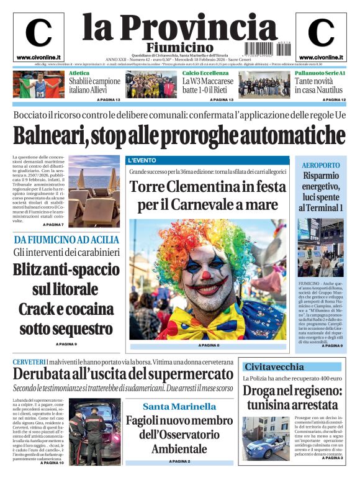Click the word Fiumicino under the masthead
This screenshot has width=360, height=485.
coord(179,48)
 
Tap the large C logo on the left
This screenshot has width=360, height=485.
coord(38,33)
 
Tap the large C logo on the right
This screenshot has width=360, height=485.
coord(321,33)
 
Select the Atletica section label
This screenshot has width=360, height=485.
coord(79,73)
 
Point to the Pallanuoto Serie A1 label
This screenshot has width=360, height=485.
coord(319,73)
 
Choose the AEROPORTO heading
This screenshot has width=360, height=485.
coord(321,165)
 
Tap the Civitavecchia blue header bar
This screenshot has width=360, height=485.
coord(291,366)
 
